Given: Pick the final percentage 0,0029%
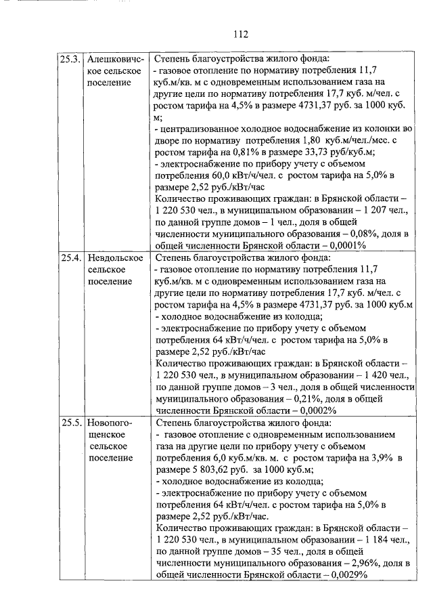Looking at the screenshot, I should [x=342, y=575].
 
